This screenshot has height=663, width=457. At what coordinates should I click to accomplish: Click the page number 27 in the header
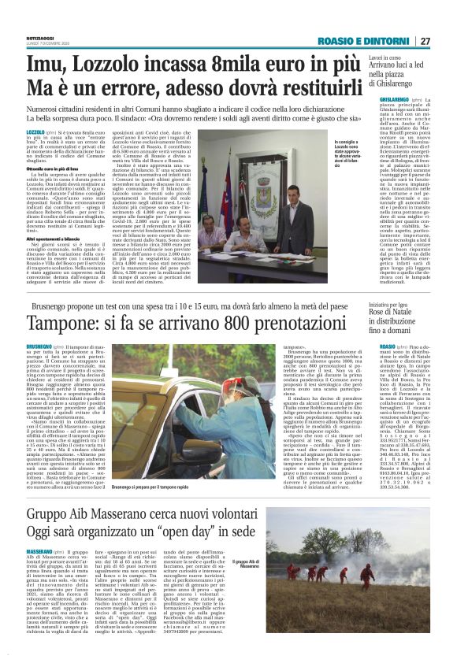pos(425,41)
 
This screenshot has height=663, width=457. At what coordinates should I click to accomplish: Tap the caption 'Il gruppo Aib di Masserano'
pos(251,564)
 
